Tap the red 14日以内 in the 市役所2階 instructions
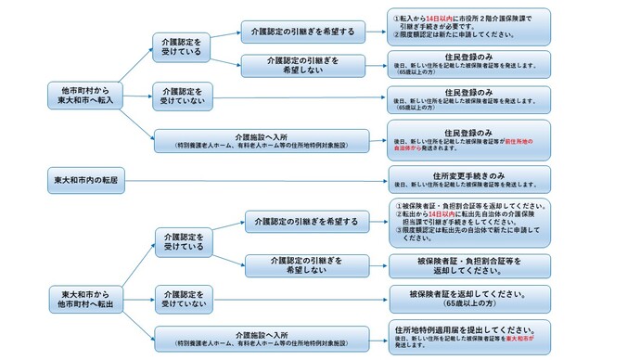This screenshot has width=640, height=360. click(440, 17)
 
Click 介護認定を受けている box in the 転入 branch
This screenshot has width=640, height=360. click(182, 46)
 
